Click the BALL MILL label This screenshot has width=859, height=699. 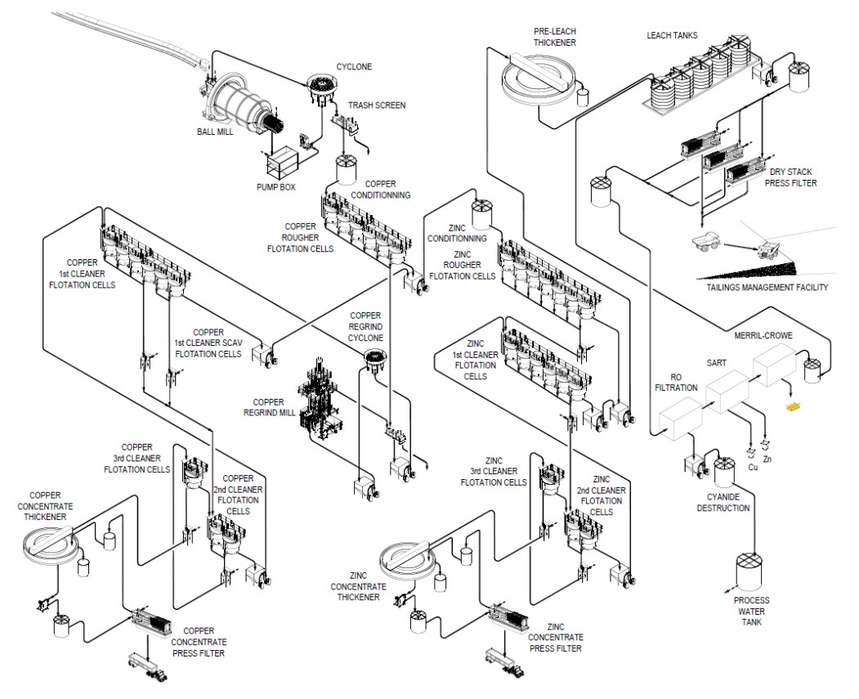(216, 131)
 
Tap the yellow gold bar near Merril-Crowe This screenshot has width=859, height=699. (791, 406)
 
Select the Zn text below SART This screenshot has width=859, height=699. (767, 459)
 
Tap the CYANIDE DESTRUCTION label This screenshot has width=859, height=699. (723, 503)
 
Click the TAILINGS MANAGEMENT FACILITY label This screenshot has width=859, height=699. (767, 287)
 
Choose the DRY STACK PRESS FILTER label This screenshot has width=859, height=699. (792, 177)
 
